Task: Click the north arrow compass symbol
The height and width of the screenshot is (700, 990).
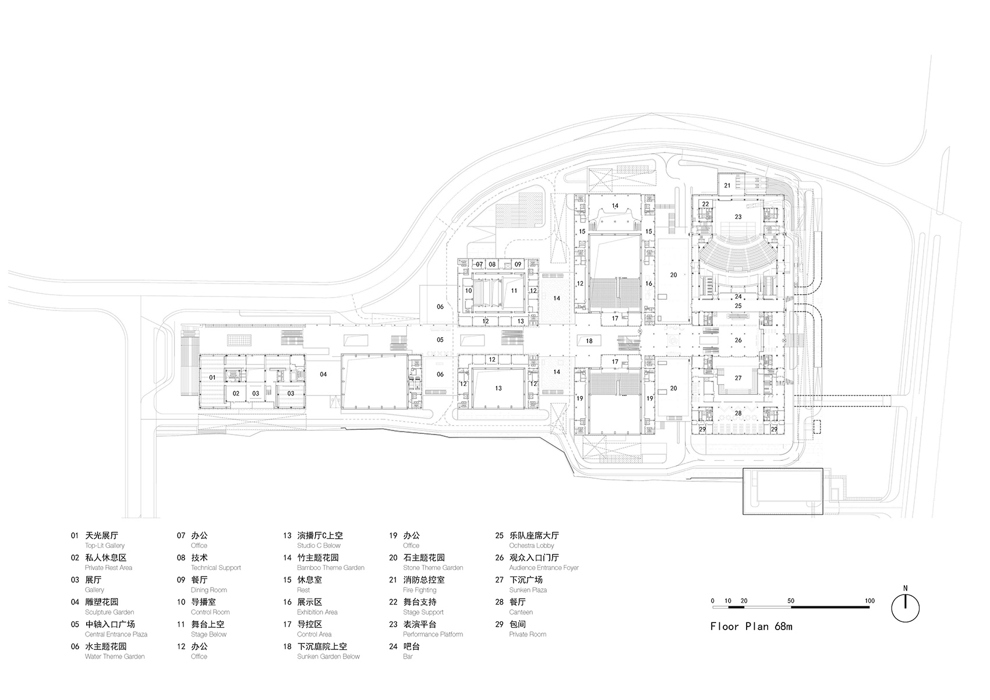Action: [x=905, y=607]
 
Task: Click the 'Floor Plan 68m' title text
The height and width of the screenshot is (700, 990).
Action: [x=751, y=627]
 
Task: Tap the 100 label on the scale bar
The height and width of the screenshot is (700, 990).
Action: [x=869, y=600]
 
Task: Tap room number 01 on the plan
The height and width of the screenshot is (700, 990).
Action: [x=213, y=377]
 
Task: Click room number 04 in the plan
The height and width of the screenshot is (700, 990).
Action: [x=323, y=374]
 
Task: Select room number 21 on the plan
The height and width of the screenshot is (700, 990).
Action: [x=727, y=186]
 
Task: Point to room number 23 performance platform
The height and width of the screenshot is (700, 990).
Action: [x=738, y=217]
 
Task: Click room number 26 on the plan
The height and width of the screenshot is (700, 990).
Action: [x=738, y=340]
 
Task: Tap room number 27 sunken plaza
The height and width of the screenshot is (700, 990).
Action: [x=738, y=378]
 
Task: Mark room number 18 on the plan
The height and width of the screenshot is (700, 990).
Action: [x=589, y=341]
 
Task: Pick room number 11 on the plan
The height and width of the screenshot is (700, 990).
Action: [x=514, y=291]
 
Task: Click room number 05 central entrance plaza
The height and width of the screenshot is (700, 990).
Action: [x=440, y=340]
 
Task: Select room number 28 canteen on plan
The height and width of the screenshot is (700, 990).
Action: [x=738, y=413]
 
